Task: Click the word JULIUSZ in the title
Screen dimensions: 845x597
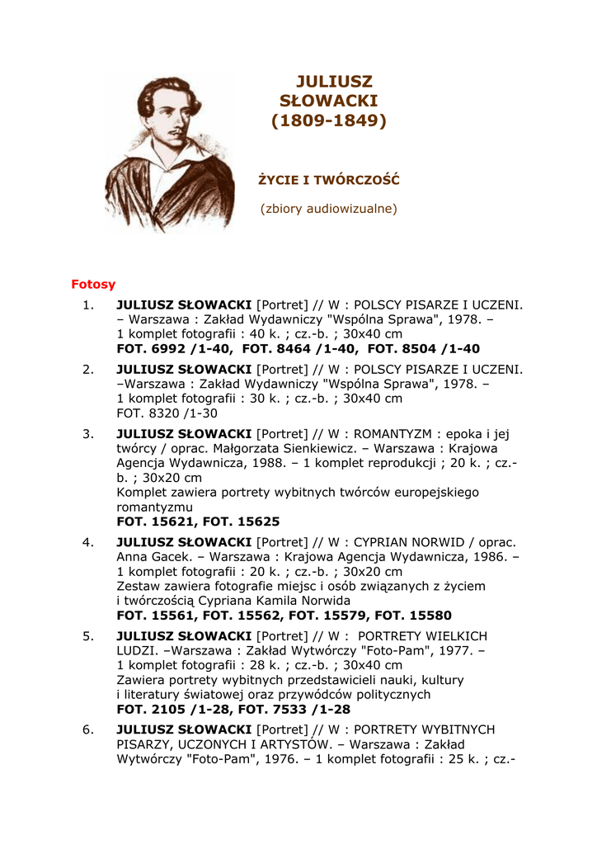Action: click(x=334, y=82)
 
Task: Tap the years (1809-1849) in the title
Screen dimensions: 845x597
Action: click(x=329, y=120)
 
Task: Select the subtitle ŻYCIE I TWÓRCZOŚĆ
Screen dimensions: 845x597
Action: click(x=329, y=179)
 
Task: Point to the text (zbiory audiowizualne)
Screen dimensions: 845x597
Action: click(x=329, y=208)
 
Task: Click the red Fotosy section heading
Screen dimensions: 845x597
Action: click(x=93, y=284)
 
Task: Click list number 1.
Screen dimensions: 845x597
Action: click(x=88, y=304)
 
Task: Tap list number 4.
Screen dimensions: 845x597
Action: click(x=88, y=542)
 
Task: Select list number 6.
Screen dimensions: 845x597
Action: click(x=88, y=729)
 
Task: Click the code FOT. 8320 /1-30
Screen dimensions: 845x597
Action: click(x=167, y=413)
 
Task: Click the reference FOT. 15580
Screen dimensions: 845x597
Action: click(x=413, y=616)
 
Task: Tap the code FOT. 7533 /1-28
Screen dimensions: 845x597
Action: click(x=298, y=710)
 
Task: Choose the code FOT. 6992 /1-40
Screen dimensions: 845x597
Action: click(x=167, y=349)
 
